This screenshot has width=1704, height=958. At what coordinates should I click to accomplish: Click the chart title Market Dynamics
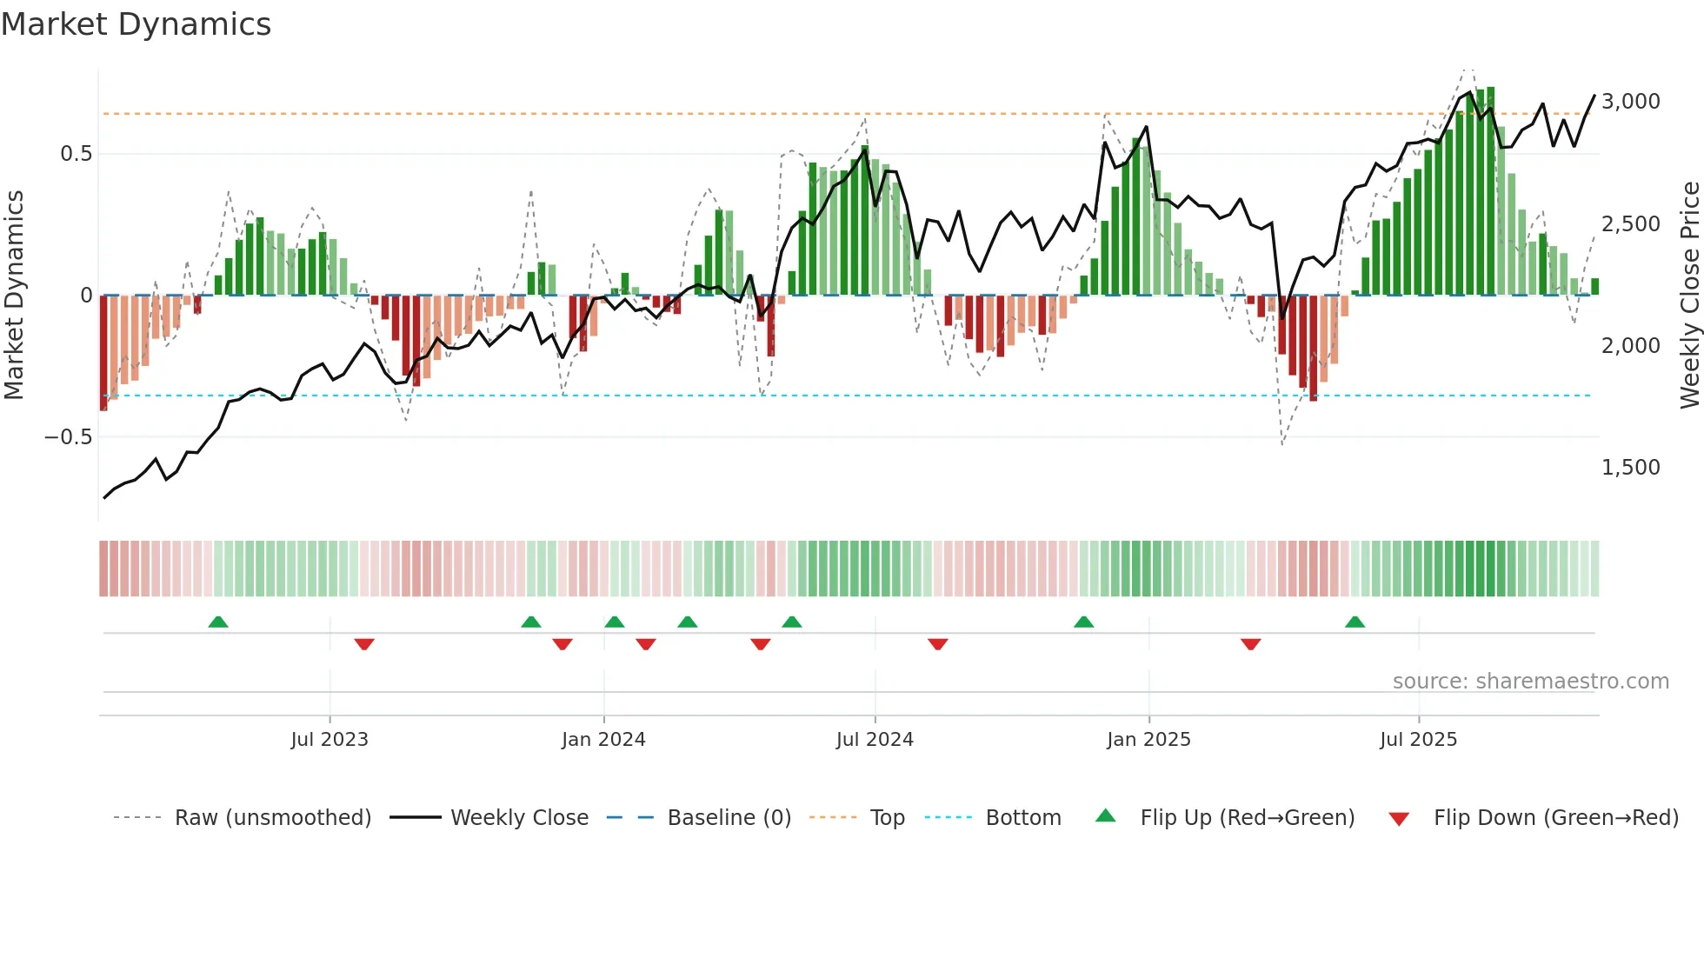coord(136,24)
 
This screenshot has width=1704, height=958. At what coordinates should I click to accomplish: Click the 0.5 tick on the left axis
coord(76,154)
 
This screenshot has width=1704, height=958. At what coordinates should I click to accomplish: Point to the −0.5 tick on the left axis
coord(68,436)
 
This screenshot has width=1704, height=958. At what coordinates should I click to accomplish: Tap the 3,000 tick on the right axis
coord(1630,102)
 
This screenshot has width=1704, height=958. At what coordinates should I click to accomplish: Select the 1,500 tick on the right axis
coord(1630,468)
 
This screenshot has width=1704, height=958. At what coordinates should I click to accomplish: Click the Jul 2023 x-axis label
coord(329,740)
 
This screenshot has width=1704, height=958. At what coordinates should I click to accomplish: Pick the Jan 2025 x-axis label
coord(1148,740)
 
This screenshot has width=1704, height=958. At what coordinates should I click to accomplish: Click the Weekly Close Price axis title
coord(1689,296)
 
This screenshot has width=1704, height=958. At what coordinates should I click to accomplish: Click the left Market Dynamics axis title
coord(14,296)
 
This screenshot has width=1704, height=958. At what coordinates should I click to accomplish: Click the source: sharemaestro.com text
coord(1530,682)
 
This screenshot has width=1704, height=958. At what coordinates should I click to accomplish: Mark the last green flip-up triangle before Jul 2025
coord(1355,622)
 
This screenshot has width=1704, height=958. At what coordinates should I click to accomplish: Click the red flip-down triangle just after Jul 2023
coord(364,643)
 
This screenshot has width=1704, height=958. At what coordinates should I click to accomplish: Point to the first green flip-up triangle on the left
coord(218,622)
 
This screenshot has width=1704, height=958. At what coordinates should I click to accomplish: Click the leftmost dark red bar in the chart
coord(103,352)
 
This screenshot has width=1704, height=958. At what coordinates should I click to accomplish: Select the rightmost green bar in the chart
coord(1594,287)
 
